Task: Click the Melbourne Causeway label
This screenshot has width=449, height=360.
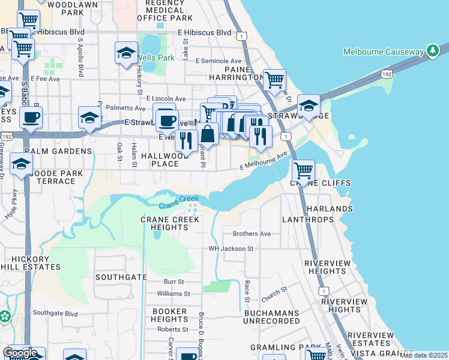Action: coord(383,52)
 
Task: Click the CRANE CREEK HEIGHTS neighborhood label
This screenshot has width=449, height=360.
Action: coord(170,224)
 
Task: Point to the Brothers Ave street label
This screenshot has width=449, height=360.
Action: coord(252,233)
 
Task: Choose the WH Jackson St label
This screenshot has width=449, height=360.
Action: coord(231,248)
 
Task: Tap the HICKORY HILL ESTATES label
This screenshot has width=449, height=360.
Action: coord(31,262)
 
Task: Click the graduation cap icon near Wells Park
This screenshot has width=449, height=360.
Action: coord(126,53)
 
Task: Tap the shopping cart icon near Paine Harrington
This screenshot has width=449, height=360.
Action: coord(274,80)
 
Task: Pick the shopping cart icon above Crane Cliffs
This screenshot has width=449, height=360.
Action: coord(303,171)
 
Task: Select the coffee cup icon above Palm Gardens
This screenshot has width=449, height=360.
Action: coord(31,118)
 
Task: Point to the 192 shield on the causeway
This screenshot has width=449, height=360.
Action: coord(385,73)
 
